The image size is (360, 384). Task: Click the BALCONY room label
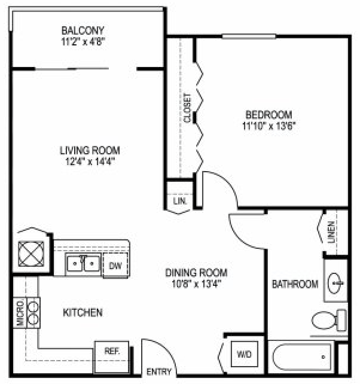[83, 30]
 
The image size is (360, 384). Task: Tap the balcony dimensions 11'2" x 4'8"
[83, 42]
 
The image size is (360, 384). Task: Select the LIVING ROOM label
[89, 150]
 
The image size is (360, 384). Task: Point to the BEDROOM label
[269, 115]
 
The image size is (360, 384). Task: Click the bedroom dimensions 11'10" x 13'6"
[269, 126]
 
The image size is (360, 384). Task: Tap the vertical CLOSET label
[188, 108]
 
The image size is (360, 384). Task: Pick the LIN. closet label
[179, 202]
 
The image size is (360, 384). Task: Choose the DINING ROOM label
[197, 273]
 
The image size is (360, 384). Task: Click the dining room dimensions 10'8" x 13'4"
[197, 284]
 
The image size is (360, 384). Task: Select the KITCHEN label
[83, 312]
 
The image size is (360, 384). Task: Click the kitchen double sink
[83, 264]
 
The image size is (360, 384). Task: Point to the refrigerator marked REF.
[112, 352]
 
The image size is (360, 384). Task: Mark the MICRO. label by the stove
[19, 312]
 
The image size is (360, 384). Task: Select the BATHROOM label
[295, 284]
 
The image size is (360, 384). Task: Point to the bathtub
[303, 358]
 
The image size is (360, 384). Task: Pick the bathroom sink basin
[336, 281]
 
